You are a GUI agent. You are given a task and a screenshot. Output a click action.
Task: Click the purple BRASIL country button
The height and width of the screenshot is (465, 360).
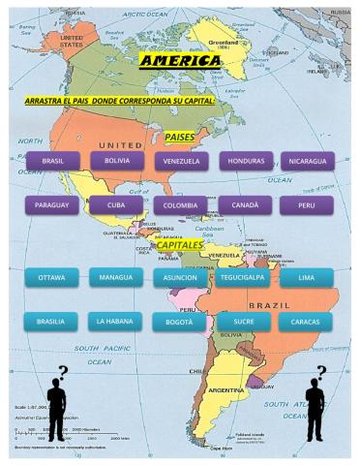click(x=52, y=161)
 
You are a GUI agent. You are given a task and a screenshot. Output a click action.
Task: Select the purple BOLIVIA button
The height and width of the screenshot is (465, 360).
click(x=116, y=161)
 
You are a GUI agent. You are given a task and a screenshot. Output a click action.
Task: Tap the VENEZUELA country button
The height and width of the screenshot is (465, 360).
click(x=180, y=161)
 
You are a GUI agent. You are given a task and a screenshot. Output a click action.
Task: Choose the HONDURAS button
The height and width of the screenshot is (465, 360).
click(x=244, y=161)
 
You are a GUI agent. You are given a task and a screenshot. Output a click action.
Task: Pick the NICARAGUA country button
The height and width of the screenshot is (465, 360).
click(x=307, y=161)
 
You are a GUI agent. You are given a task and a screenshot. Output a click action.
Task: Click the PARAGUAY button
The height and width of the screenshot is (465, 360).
click(x=52, y=205)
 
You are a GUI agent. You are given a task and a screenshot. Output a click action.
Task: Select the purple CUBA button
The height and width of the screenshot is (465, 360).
click(x=116, y=205)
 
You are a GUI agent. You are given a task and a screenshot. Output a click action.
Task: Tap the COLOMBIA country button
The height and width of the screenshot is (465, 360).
click(x=180, y=205)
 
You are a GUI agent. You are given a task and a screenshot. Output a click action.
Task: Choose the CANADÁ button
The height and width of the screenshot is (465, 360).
click(x=244, y=205)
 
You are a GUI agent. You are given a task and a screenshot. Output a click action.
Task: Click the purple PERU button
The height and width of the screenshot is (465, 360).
click(x=307, y=205)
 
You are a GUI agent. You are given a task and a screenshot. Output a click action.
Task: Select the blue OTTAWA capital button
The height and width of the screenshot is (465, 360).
click(x=52, y=278)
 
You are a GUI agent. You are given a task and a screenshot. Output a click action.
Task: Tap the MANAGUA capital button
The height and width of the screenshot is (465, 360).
click(x=116, y=278)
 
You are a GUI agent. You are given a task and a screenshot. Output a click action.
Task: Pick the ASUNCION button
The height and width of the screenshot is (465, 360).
click(x=180, y=278)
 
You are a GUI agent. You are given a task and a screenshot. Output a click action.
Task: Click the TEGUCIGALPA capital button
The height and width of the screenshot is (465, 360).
click(x=244, y=278)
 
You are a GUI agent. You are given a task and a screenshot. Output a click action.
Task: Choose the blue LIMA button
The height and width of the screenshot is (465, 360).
click(x=307, y=278)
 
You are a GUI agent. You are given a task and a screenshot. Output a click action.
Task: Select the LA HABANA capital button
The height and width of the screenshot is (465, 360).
click(x=116, y=321)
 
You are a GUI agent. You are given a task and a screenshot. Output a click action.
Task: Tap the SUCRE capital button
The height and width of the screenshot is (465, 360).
click(x=244, y=321)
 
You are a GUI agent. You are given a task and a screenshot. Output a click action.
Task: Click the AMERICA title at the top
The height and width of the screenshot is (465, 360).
click(x=180, y=62)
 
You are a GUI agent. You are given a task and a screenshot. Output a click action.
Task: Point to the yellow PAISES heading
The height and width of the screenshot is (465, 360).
click(x=180, y=138)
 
